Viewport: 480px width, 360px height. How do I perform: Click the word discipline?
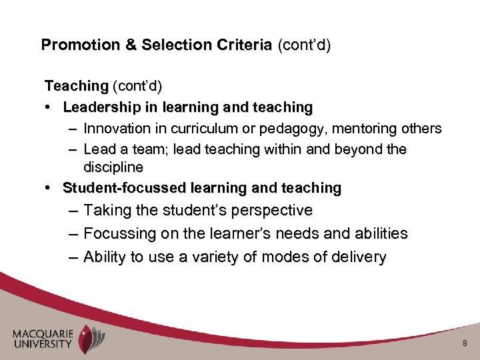click(113, 167)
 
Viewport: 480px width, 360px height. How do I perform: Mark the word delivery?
click(357, 257)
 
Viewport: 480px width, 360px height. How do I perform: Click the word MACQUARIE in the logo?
click(42, 333)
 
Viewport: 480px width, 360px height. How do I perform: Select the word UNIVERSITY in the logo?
click(42, 344)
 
